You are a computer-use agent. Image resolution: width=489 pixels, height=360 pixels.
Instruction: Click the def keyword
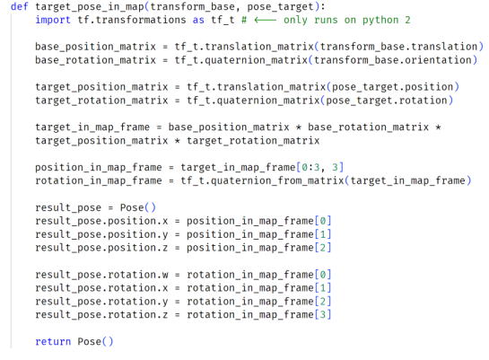(20, 6)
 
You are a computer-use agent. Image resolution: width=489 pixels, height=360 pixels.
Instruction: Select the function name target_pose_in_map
(90, 7)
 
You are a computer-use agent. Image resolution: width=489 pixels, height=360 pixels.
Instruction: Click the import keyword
(53, 20)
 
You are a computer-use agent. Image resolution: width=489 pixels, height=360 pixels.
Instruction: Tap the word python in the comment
(380, 21)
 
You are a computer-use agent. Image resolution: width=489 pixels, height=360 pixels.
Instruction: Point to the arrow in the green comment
(265, 21)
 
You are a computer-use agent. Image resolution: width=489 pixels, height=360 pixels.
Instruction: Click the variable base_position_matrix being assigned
(95, 47)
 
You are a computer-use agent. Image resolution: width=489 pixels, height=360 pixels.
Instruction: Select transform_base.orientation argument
(393, 60)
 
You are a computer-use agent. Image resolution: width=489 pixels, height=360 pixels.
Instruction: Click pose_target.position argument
(393, 87)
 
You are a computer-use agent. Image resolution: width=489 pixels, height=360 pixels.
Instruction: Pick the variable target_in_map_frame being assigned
(92, 127)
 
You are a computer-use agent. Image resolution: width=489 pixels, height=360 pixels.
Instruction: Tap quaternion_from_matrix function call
(277, 181)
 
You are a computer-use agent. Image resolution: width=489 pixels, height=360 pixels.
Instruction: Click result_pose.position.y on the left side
(101, 234)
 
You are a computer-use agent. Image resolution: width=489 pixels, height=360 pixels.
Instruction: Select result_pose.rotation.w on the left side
(101, 275)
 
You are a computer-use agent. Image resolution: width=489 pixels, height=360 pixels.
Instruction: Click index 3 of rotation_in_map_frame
(323, 314)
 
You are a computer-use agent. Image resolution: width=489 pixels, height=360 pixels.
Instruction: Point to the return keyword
(53, 341)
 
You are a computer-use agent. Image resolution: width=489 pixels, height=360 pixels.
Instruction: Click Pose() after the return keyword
(95, 341)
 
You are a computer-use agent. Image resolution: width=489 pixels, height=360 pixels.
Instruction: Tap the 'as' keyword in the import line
(198, 21)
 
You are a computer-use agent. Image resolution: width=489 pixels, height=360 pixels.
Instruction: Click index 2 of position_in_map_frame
(323, 248)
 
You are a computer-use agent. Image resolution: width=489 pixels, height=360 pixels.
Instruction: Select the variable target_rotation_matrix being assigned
(101, 101)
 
